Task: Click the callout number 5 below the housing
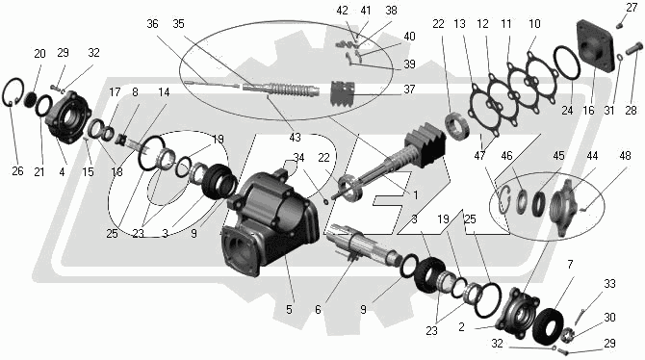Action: coord(289,309)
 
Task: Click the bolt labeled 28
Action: coord(633,49)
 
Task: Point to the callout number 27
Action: coord(632,8)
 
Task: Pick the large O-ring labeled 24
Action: coord(567,63)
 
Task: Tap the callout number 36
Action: coord(152,24)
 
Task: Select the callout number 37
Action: coord(409,90)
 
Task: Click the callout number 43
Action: coord(295,137)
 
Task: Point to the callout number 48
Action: coord(625,156)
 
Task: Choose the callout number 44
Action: coord(592,156)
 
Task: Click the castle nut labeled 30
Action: coord(567,334)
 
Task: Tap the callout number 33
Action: coord(609,283)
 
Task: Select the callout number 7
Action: coord(570,264)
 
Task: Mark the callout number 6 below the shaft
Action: coord(318,309)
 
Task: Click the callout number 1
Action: coord(415,194)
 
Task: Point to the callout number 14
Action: coord(164,92)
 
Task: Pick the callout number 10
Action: coord(534,24)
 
